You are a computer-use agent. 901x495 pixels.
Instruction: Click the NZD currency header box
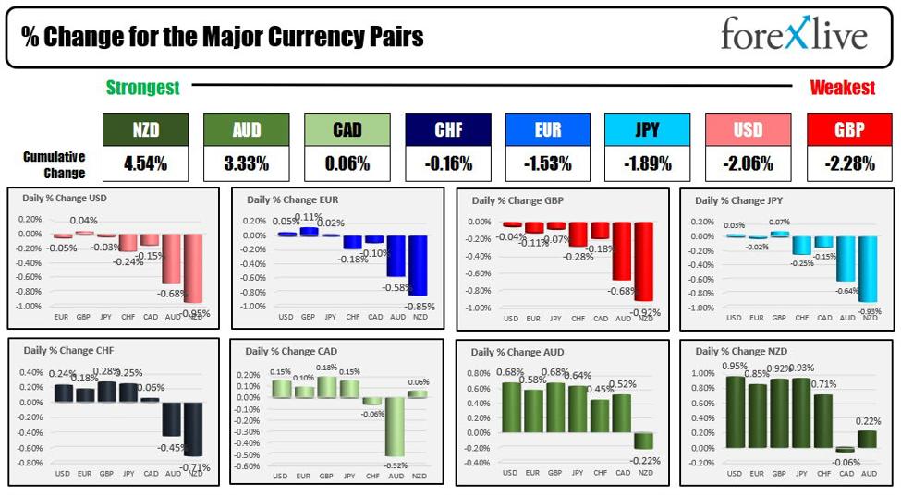pyautogui.click(x=145, y=130)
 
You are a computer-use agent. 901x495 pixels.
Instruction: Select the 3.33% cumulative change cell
pyautogui.click(x=246, y=164)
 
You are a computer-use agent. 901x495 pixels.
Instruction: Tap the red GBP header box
pyautogui.click(x=849, y=130)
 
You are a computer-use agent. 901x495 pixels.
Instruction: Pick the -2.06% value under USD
pyautogui.click(x=749, y=164)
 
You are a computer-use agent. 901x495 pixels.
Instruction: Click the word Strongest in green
pyautogui.click(x=142, y=89)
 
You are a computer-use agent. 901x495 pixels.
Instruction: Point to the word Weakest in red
pyautogui.click(x=842, y=89)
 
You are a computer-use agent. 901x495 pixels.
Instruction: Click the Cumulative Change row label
pyautogui.click(x=54, y=164)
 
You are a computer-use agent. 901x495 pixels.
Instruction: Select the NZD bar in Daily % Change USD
pyautogui.click(x=193, y=268)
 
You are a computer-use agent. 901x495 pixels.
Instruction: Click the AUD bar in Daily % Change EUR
pyautogui.click(x=396, y=256)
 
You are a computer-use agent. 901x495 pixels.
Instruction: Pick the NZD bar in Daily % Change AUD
pyautogui.click(x=644, y=441)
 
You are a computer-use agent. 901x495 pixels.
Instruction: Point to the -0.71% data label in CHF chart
pyautogui.click(x=197, y=467)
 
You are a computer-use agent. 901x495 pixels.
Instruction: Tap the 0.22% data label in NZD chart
pyautogui.click(x=867, y=422)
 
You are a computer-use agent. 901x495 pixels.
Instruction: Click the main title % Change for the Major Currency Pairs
pyautogui.click(x=222, y=36)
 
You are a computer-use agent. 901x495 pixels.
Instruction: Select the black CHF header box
pyautogui.click(x=447, y=130)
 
